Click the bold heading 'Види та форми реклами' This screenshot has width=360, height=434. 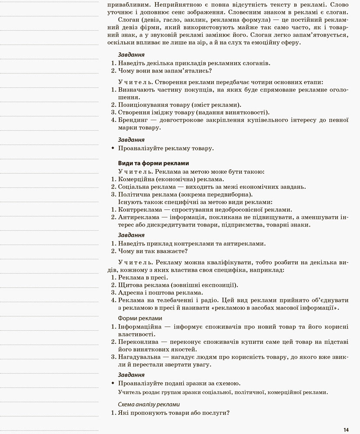(x=153, y=163)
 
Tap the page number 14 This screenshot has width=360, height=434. (x=346, y=430)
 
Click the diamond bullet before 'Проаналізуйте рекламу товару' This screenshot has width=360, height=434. (x=113, y=148)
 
